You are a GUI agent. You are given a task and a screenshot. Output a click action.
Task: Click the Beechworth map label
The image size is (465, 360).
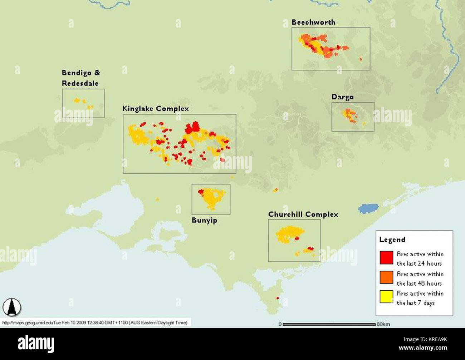coord(313,22)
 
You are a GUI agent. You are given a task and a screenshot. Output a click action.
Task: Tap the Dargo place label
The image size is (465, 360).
coord(342,97)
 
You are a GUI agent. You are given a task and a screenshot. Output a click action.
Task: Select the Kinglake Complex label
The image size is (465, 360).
coord(156,109)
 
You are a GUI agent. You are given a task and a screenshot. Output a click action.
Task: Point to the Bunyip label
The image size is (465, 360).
coord(204,220)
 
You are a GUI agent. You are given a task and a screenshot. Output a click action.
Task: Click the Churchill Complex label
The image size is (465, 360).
coord(303,214)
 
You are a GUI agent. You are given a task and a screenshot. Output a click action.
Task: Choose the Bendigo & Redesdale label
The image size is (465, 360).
coord(81,78)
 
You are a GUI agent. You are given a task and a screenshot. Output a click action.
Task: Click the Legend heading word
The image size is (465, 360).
coord(392,240)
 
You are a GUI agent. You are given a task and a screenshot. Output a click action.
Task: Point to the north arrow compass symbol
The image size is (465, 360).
coord(12,307)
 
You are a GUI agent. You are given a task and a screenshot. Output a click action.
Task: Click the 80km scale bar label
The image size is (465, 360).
coord(382,324)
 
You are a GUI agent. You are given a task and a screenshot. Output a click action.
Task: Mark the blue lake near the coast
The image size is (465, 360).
coord(368,208)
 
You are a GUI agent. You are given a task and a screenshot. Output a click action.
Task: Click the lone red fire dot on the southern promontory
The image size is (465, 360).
coord(278,298)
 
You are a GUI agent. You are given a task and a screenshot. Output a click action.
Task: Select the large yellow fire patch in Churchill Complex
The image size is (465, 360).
coord(289,234)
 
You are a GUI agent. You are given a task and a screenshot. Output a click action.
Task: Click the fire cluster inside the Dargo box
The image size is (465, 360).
coord(349,115)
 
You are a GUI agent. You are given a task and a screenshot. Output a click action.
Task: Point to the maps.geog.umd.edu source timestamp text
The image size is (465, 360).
coord(95,323)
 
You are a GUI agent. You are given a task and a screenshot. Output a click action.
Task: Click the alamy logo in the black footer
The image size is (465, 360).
coord(36,344)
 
